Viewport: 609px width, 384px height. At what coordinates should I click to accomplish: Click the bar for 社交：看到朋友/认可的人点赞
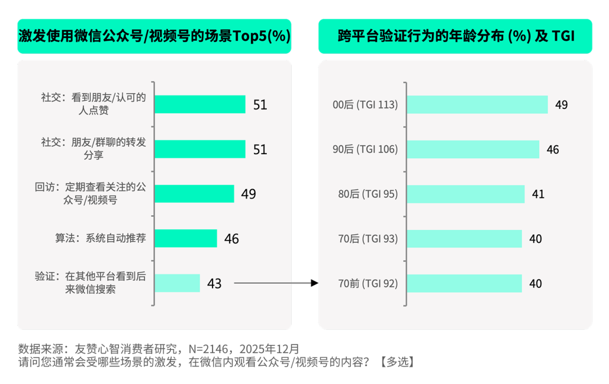click(x=200, y=104)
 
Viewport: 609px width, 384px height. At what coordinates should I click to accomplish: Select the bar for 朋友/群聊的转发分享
click(x=200, y=149)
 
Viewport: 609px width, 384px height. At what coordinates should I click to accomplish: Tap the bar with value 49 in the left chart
click(x=195, y=194)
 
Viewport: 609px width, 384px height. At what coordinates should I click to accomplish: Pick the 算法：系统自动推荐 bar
click(x=186, y=238)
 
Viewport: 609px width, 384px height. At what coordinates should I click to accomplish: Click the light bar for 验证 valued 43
click(x=178, y=283)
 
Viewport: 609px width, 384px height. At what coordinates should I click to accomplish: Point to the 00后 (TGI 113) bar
click(x=477, y=104)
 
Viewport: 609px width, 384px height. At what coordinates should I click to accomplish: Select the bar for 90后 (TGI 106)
click(x=473, y=149)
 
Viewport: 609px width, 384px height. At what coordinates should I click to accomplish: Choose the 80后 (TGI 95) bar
click(x=466, y=194)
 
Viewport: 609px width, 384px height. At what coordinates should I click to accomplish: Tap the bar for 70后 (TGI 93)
click(x=465, y=238)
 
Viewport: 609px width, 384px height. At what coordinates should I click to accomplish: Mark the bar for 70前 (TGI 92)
click(x=465, y=283)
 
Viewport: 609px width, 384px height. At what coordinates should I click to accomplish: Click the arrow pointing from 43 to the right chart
click(x=276, y=283)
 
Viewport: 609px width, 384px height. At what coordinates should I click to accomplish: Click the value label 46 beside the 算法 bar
click(x=231, y=239)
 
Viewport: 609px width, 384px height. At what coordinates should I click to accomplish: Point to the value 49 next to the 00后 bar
click(x=561, y=105)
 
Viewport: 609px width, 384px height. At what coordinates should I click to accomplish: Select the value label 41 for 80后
click(x=538, y=194)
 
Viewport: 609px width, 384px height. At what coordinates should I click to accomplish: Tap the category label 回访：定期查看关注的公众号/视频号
click(x=90, y=193)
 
